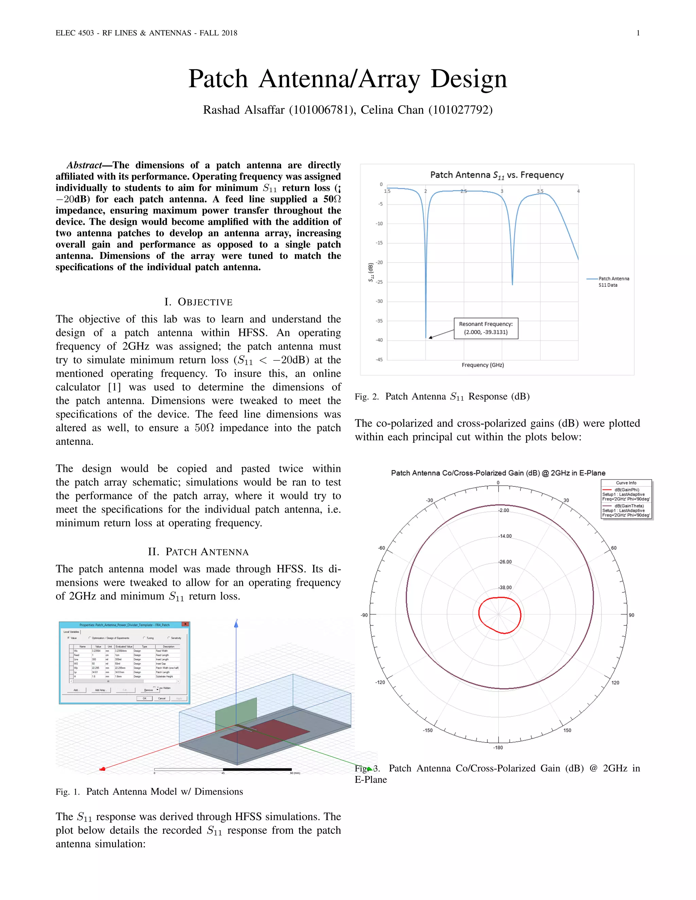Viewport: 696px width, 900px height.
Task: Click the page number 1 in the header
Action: [638, 33]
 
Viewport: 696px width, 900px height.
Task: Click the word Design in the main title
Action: [468, 79]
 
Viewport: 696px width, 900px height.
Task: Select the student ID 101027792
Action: [460, 110]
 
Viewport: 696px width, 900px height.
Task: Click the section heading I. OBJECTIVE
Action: [198, 302]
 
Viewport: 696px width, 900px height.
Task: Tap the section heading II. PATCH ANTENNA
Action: [198, 552]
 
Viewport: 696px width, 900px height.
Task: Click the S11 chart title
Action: [497, 175]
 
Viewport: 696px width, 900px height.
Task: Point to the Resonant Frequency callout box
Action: [486, 328]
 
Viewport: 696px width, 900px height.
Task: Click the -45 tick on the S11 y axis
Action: [379, 360]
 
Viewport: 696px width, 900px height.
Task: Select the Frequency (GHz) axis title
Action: [483, 365]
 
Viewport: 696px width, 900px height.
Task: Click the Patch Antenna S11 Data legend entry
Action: [613, 282]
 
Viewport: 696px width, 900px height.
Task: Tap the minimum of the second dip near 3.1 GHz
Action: [512, 284]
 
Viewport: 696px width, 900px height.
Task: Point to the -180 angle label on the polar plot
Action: [498, 748]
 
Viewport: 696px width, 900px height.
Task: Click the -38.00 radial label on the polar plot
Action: [505, 588]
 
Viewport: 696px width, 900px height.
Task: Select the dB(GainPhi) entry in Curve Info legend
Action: [626, 490]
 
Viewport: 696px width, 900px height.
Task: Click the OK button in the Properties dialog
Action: [145, 698]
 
